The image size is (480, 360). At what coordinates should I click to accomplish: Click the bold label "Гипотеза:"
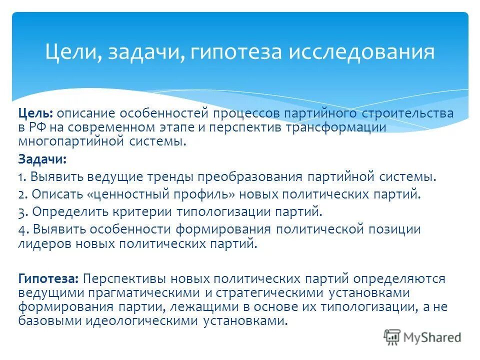click(x=48, y=278)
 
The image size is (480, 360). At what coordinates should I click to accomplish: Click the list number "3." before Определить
click(x=22, y=211)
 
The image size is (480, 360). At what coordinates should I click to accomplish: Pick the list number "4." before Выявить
click(x=23, y=229)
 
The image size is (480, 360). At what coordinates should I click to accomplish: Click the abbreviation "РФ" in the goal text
click(x=39, y=127)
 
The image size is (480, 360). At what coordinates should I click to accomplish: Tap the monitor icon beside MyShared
click(x=393, y=337)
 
